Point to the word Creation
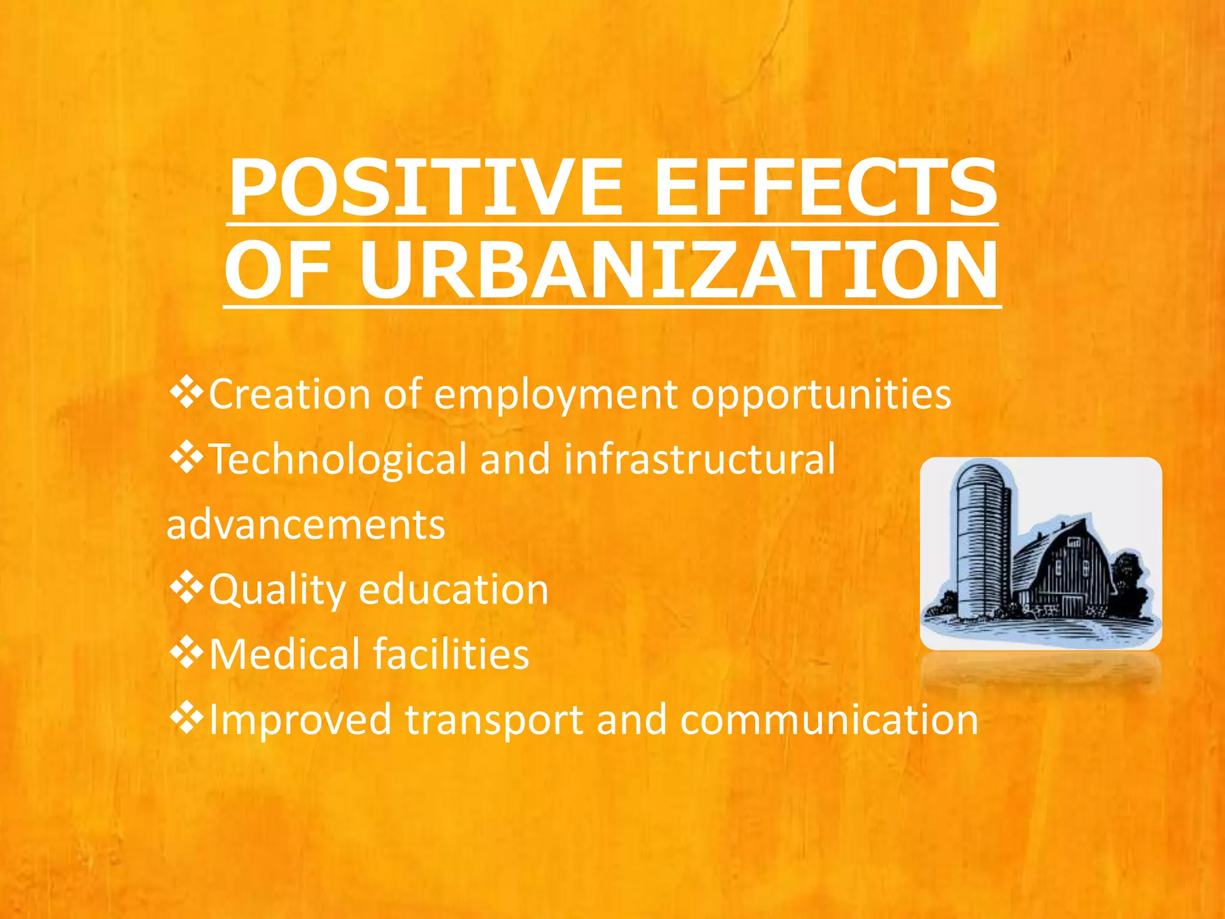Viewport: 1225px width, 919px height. [290, 395]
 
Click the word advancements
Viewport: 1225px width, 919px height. [306, 525]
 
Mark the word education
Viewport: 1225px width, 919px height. [453, 589]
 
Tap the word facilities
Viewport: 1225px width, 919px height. [451, 654]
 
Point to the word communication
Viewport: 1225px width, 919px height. [828, 719]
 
